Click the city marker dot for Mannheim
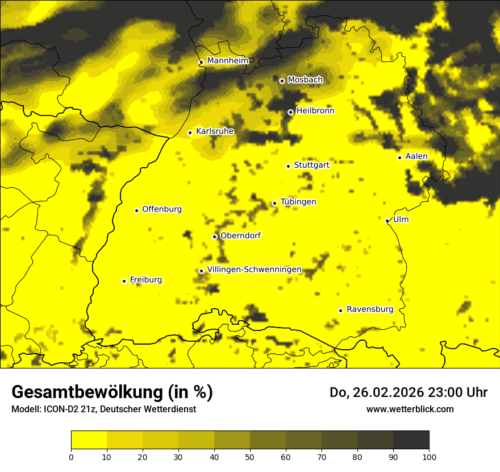201,63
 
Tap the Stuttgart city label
311,165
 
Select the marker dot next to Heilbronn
290,112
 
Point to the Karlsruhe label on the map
215,131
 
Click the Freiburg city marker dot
124,281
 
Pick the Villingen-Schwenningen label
254,270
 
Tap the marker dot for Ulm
388,221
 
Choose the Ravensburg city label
370,309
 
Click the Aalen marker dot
399,158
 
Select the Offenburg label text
162,209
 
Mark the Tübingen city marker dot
274,203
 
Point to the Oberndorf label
240,235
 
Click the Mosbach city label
305,80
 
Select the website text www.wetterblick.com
410,409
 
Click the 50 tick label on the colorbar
250,456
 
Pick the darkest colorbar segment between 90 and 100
411,440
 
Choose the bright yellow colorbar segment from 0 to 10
89,440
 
